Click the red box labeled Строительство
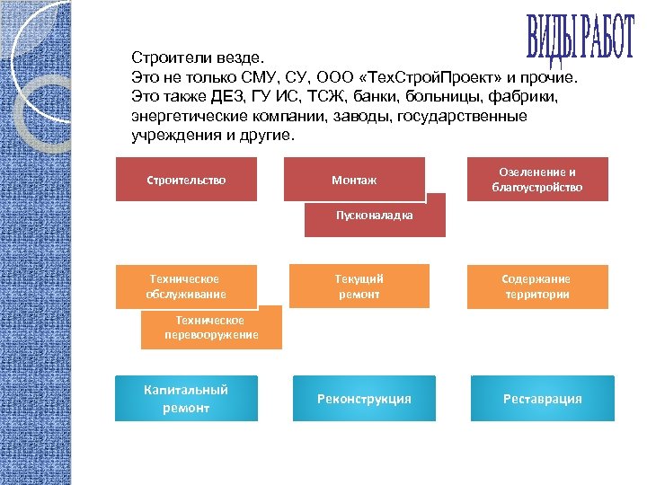(186, 180)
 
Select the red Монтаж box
(354, 180)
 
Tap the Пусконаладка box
(375, 216)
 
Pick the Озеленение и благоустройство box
(536, 179)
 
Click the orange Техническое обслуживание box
(186, 287)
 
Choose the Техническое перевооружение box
(211, 328)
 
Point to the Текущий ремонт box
(359, 287)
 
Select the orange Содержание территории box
(536, 287)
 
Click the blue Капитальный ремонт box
(186, 398)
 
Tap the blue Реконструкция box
(364, 399)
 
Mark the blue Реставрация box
(542, 399)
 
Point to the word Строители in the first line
(165, 57)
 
